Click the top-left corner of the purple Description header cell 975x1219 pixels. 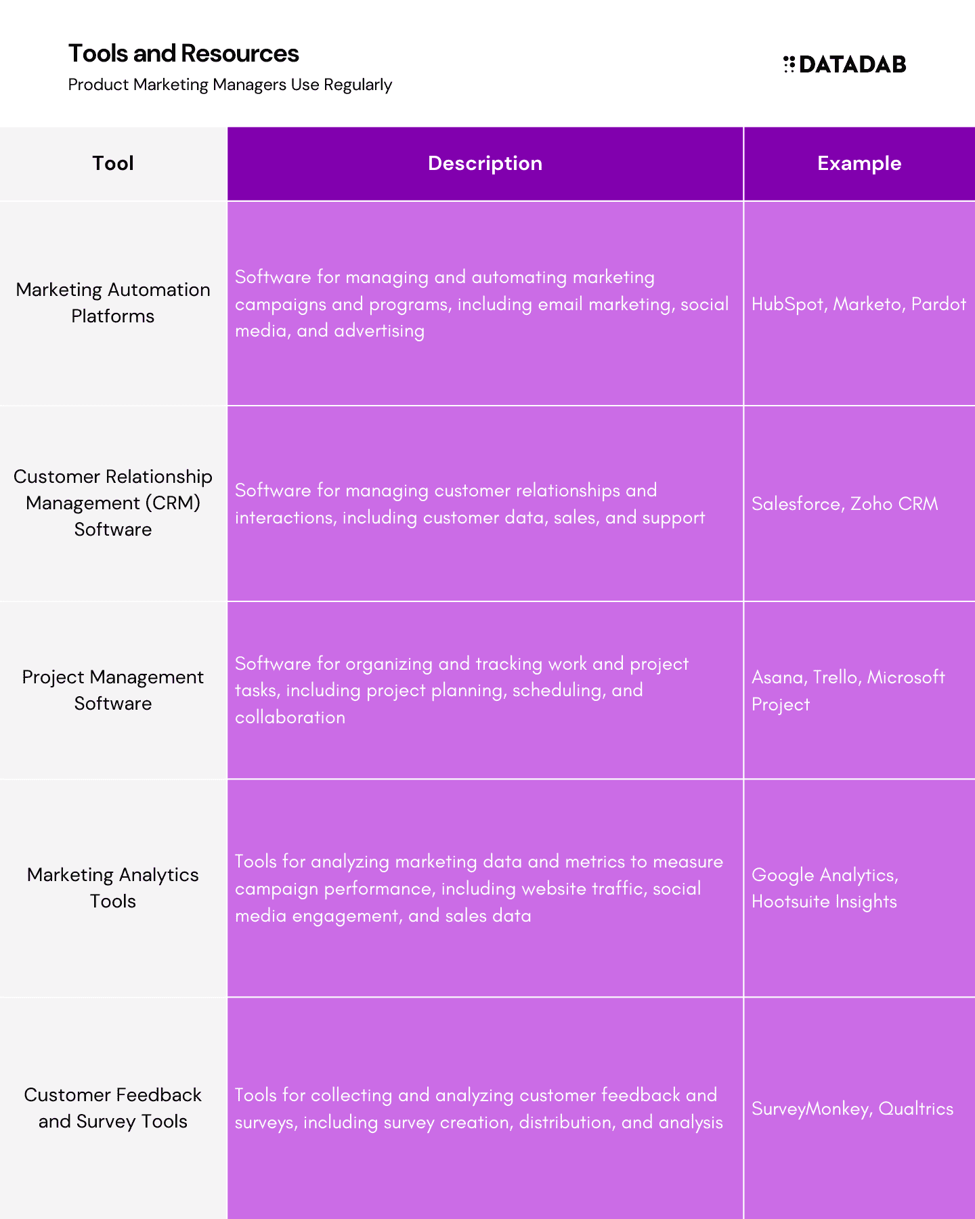pyautogui.click(x=227, y=127)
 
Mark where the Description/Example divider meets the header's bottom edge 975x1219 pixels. pyautogui.click(x=743, y=200)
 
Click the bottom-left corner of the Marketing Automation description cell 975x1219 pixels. pyautogui.click(x=227, y=405)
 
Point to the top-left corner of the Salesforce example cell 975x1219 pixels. pyautogui.click(x=744, y=406)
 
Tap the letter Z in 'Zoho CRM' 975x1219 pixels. pyautogui.click(x=857, y=504)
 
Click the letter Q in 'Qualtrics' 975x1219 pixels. pyautogui.click(x=886, y=1109)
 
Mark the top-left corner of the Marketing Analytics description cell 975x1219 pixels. pyautogui.click(x=227, y=780)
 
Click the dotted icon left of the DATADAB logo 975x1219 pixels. pyautogui.click(x=789, y=64)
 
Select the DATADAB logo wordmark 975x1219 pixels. pyautogui.click(x=852, y=64)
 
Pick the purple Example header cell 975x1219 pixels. pyautogui.click(x=860, y=164)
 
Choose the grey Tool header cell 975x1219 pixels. pyautogui.click(x=113, y=164)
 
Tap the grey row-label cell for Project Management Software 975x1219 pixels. pyautogui.click(x=113, y=690)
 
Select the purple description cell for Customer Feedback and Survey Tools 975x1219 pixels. pyautogui.click(x=485, y=1109)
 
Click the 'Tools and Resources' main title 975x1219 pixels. pyautogui.click(x=183, y=54)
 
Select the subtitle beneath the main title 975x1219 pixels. pyautogui.click(x=230, y=85)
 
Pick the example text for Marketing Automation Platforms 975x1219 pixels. pyautogui.click(x=859, y=304)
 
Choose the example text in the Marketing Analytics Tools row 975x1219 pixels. pyautogui.click(x=825, y=889)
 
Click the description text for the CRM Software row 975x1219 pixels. pyautogui.click(x=470, y=504)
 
